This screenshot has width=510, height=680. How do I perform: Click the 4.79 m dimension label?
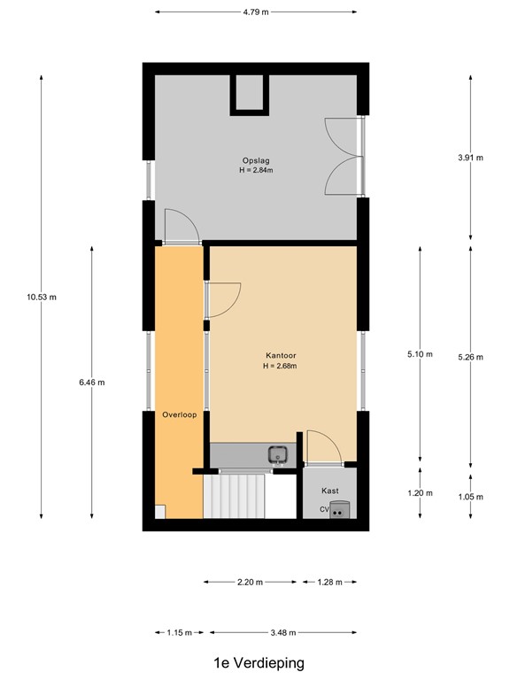256,12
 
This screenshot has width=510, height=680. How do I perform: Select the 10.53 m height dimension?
42,297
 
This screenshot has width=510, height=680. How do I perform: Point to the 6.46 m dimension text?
92,382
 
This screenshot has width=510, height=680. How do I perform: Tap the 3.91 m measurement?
470,158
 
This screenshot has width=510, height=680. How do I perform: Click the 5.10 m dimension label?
420,354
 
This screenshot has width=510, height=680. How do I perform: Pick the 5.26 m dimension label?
470,357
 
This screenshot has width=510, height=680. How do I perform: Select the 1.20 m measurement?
420,493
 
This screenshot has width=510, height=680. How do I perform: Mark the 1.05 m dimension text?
470,497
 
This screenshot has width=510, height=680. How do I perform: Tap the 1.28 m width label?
329,582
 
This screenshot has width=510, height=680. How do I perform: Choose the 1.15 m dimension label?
180,632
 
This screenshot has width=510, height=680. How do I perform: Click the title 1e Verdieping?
259,662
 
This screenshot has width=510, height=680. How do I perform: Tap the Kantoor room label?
280,354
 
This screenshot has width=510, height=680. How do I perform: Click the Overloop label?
178,414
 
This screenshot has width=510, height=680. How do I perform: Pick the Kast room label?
330,491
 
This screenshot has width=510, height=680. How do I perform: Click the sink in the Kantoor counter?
279,455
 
